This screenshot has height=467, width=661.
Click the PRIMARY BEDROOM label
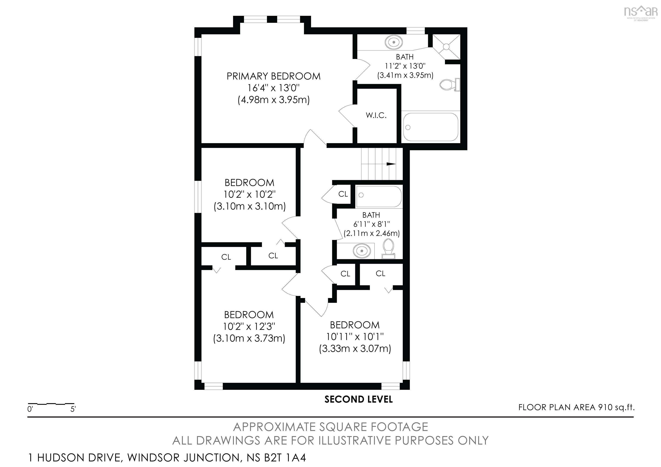coord(273,76)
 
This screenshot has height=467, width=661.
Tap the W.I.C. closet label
coord(376,115)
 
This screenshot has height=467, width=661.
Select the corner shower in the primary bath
coord(446,46)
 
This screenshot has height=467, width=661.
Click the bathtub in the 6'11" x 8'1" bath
coord(378,197)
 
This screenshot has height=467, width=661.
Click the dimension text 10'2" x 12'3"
coord(249,326)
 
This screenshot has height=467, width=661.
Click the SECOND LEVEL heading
coord(358,399)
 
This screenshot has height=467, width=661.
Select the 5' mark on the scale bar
coord(73,409)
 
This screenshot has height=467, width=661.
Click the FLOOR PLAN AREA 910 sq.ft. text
coord(576,407)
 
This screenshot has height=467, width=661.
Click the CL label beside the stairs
coord(343,194)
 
